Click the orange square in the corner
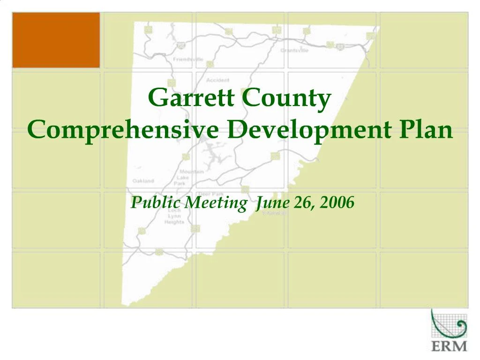[x=56, y=40]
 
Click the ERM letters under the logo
[x=449, y=346]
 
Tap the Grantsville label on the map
[x=294, y=50]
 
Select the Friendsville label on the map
[x=188, y=60]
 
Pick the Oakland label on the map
[x=143, y=180]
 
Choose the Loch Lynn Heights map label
[x=174, y=217]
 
